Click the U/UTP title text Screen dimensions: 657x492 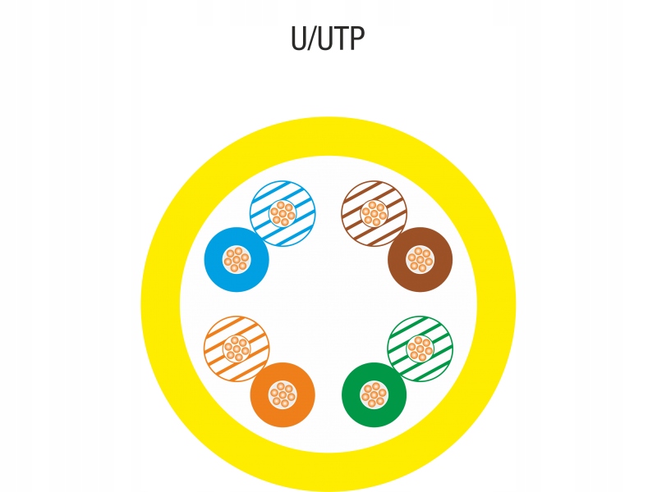(328, 39)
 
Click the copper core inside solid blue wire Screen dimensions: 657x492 (237, 260)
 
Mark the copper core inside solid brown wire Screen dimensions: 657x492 (420, 260)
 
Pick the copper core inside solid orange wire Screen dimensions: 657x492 (283, 395)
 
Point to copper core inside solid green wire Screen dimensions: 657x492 (374, 395)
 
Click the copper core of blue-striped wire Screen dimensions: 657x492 (283, 213)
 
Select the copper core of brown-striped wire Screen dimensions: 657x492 (374, 213)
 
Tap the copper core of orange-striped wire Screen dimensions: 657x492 (237, 348)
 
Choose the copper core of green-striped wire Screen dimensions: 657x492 (420, 348)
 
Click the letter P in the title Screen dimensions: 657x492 (356, 39)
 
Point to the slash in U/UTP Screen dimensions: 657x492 (313, 39)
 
